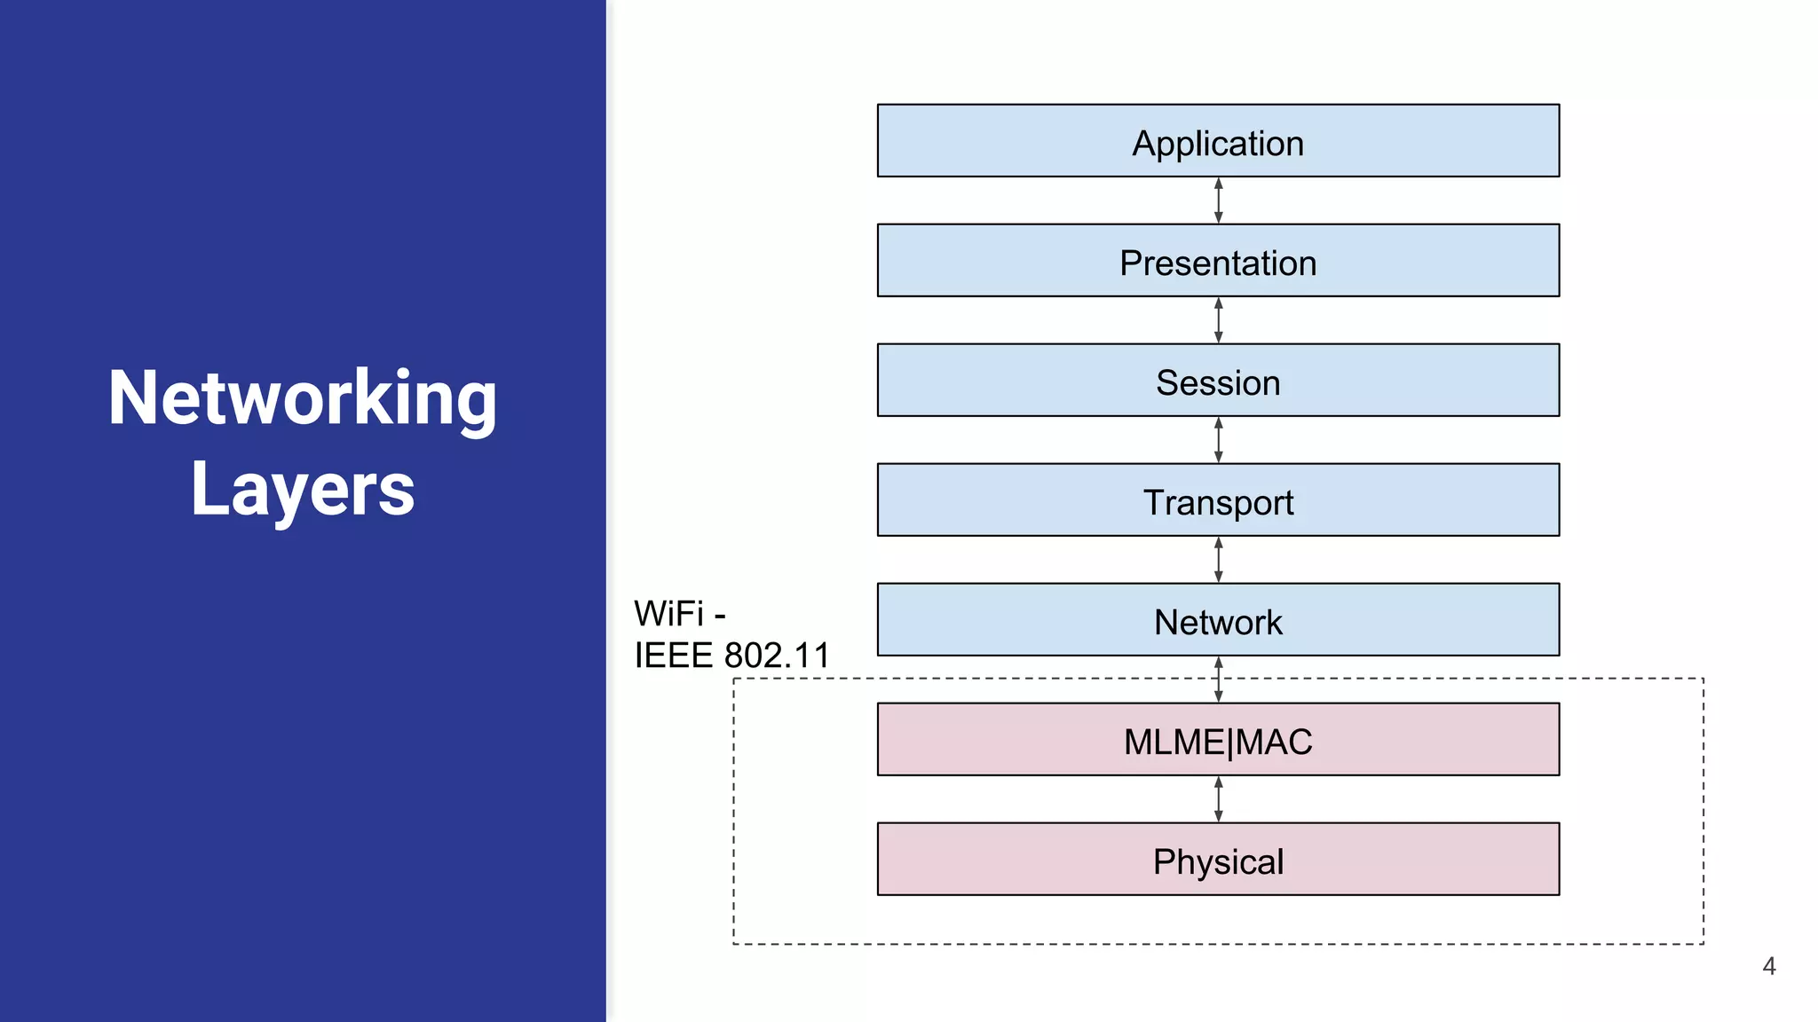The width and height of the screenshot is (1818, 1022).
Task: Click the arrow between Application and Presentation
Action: [x=1218, y=200]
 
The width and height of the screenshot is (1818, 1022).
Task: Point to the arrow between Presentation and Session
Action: [x=1218, y=320]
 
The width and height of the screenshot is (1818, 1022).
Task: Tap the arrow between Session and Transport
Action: [x=1218, y=440]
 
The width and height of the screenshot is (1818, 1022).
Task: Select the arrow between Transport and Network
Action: [x=1218, y=560]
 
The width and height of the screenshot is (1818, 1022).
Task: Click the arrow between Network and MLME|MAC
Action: [x=1218, y=680]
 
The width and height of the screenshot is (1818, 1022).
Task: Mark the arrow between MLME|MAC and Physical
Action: [x=1218, y=799]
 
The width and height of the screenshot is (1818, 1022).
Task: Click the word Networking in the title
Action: [x=302, y=399]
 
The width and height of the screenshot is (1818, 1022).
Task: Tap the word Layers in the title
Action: [x=303, y=489]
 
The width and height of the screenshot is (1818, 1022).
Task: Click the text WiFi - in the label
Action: [x=680, y=614]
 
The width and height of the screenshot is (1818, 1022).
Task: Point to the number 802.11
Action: [x=777, y=656]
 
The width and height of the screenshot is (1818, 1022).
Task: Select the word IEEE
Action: [x=674, y=656]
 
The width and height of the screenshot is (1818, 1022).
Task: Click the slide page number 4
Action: [x=1768, y=966]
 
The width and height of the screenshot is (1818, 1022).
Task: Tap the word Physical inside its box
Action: [x=1218, y=861]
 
